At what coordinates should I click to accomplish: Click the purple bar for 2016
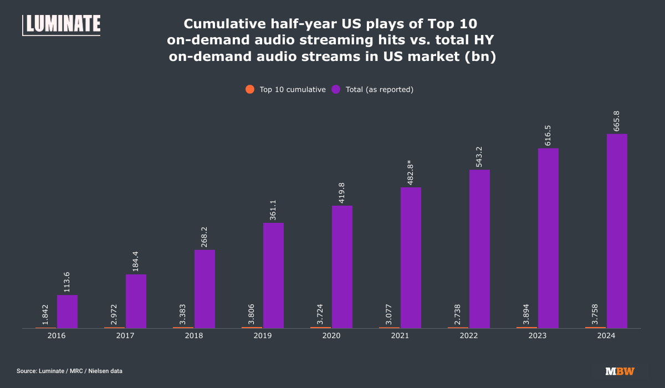coord(67,312)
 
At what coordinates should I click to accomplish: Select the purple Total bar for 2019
coord(273,275)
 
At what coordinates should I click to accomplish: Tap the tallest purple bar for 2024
coord(617,231)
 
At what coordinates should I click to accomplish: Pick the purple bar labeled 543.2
coord(479,249)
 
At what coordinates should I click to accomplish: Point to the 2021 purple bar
coord(411,258)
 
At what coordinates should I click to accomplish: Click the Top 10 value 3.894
coord(527,313)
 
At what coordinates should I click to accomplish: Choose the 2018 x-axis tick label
coord(194,336)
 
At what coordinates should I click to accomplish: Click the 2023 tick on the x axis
coord(538,336)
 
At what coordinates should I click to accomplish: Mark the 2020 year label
coord(331,336)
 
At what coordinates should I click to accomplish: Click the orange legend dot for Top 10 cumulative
coord(250,89)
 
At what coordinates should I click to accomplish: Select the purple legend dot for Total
coord(336,89)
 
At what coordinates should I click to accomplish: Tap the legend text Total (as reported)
coord(380,89)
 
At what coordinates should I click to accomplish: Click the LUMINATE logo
coord(62,25)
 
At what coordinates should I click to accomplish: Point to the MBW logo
coord(620,371)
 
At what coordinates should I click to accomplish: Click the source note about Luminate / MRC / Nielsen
coord(69,371)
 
